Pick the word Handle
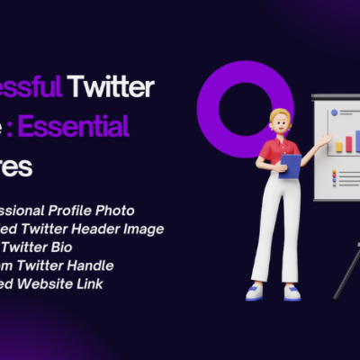[91, 265]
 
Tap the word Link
[90, 283]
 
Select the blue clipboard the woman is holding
[290, 166]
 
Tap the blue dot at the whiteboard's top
[333, 113]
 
